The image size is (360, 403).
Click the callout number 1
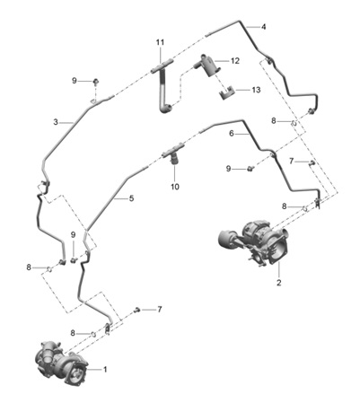tap(105, 370)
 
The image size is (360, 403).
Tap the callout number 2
tap(279, 283)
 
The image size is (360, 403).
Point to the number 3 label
tap(56, 122)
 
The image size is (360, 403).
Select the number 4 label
tap(263, 27)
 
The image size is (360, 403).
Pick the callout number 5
tap(131, 198)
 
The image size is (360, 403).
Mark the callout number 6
tap(232, 134)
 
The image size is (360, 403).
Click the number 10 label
tap(175, 187)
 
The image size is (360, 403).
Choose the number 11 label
tap(160, 42)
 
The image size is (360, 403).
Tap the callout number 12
tap(235, 61)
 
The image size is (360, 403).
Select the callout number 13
tap(256, 90)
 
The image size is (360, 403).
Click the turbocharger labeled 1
tap(61, 361)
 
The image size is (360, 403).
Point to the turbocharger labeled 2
tap(254, 242)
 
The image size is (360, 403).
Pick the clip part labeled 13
tap(227, 92)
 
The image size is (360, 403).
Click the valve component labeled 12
tap(208, 66)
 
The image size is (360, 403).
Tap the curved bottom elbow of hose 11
tap(165, 109)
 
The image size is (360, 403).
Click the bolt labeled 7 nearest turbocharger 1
tap(137, 310)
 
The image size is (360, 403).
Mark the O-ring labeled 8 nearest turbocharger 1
tap(93, 334)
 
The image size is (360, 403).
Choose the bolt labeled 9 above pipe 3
tap(96, 81)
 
